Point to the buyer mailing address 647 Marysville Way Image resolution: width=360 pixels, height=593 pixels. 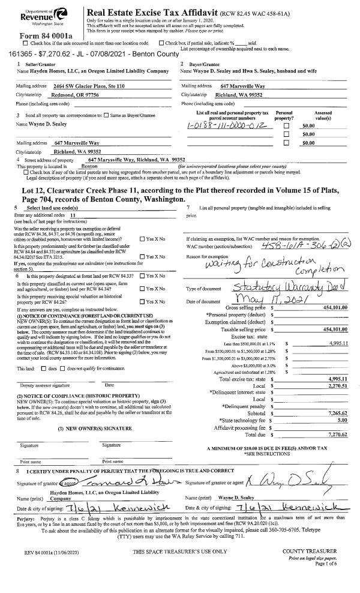point(232,86)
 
